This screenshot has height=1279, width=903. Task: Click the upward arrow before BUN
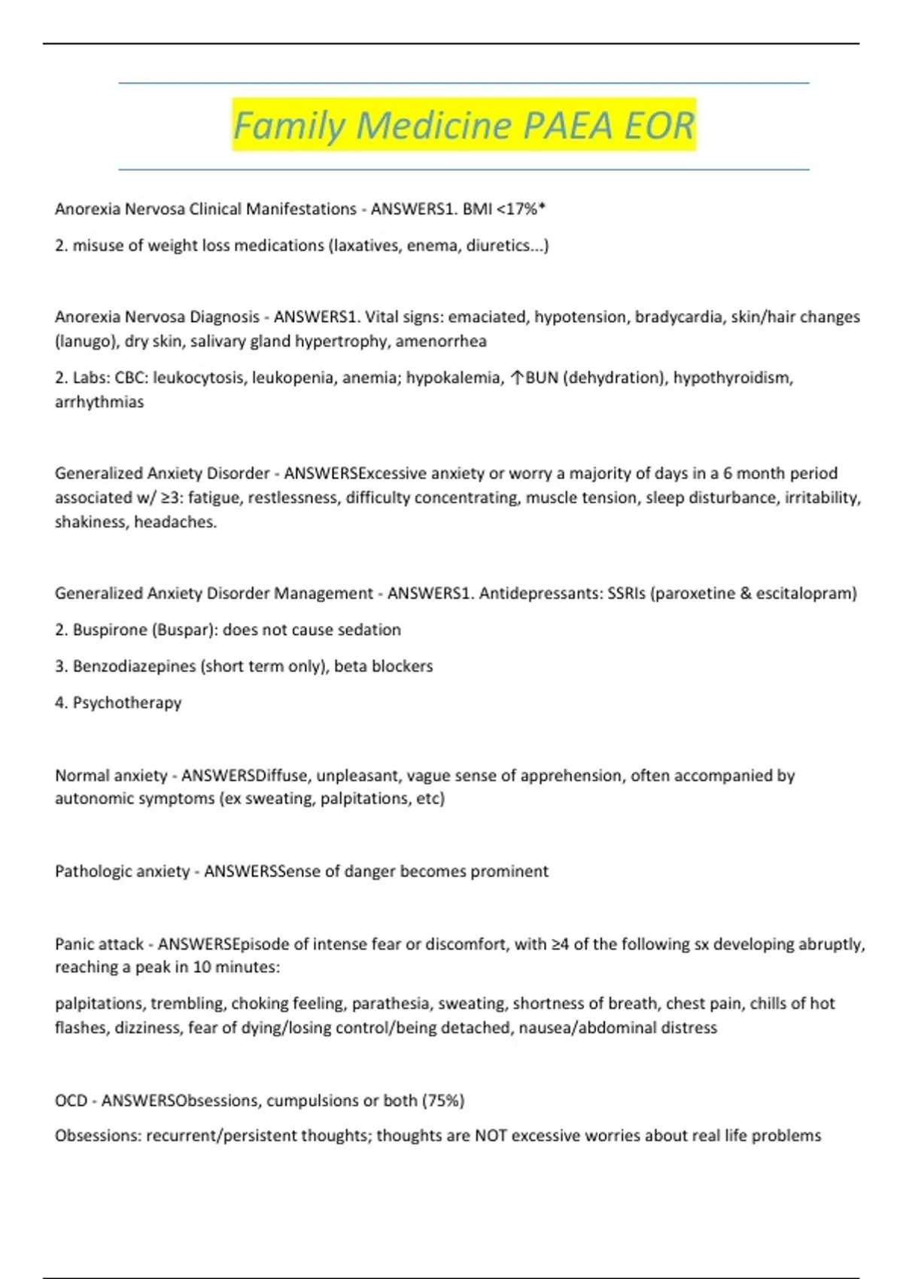coord(516,378)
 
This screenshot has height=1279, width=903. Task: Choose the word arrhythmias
coord(99,402)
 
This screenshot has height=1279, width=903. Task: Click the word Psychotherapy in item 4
coord(127,703)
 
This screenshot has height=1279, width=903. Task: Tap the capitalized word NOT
coord(491,1135)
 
